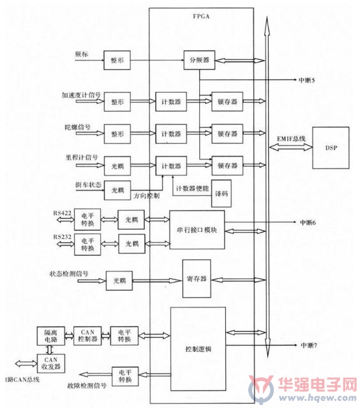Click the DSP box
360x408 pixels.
[331, 147]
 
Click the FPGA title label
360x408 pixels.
[201, 17]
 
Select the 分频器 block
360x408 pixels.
[199, 60]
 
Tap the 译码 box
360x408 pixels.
[221, 193]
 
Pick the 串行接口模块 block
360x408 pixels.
[197, 230]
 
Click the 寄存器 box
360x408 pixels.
[197, 278]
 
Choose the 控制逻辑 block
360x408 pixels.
[198, 349]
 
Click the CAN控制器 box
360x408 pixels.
[87, 336]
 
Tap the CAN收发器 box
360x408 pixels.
[50, 363]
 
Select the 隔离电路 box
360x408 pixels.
[50, 336]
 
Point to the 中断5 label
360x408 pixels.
[306, 80]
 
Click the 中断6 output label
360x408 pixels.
[308, 222]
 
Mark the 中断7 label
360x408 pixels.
[309, 345]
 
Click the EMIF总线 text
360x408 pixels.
[291, 139]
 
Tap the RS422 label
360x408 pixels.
[62, 213]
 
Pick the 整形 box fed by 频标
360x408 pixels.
[117, 61]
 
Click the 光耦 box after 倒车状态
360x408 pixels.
[117, 190]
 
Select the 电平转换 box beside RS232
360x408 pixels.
[87, 245]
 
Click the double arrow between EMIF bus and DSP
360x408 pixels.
[290, 147]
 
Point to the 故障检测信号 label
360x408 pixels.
[87, 386]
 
